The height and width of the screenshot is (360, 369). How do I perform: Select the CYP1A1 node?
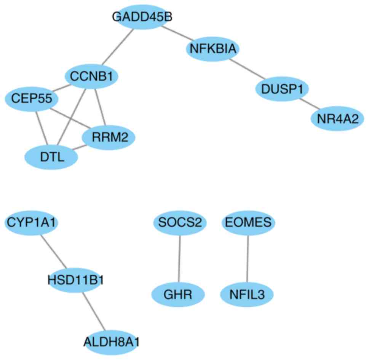click(x=31, y=223)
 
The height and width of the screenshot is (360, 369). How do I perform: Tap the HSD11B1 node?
click(x=76, y=281)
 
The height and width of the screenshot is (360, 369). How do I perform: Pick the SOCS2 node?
click(x=180, y=223)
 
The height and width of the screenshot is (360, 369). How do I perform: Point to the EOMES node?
click(x=248, y=223)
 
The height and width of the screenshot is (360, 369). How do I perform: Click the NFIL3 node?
click(x=247, y=295)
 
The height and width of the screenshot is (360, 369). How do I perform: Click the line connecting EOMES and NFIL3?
click(x=248, y=259)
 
